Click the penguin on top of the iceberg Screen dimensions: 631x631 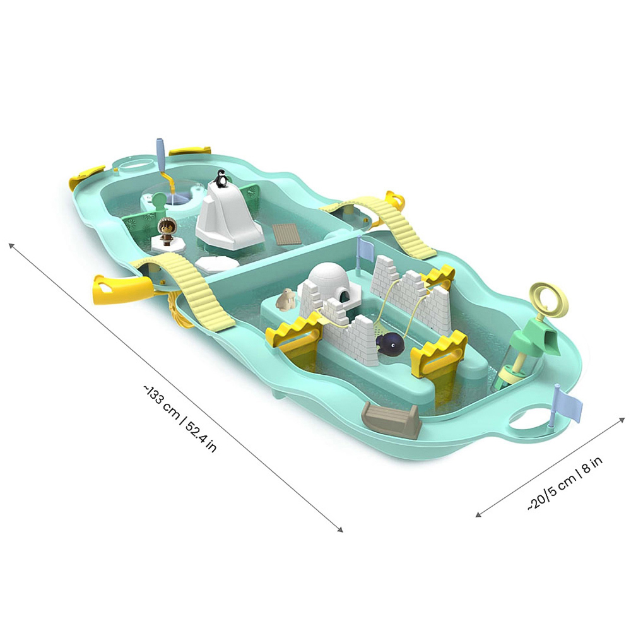pos(220,179)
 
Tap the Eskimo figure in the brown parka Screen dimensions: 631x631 pos(165,231)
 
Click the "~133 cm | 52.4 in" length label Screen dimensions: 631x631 pos(179,418)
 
